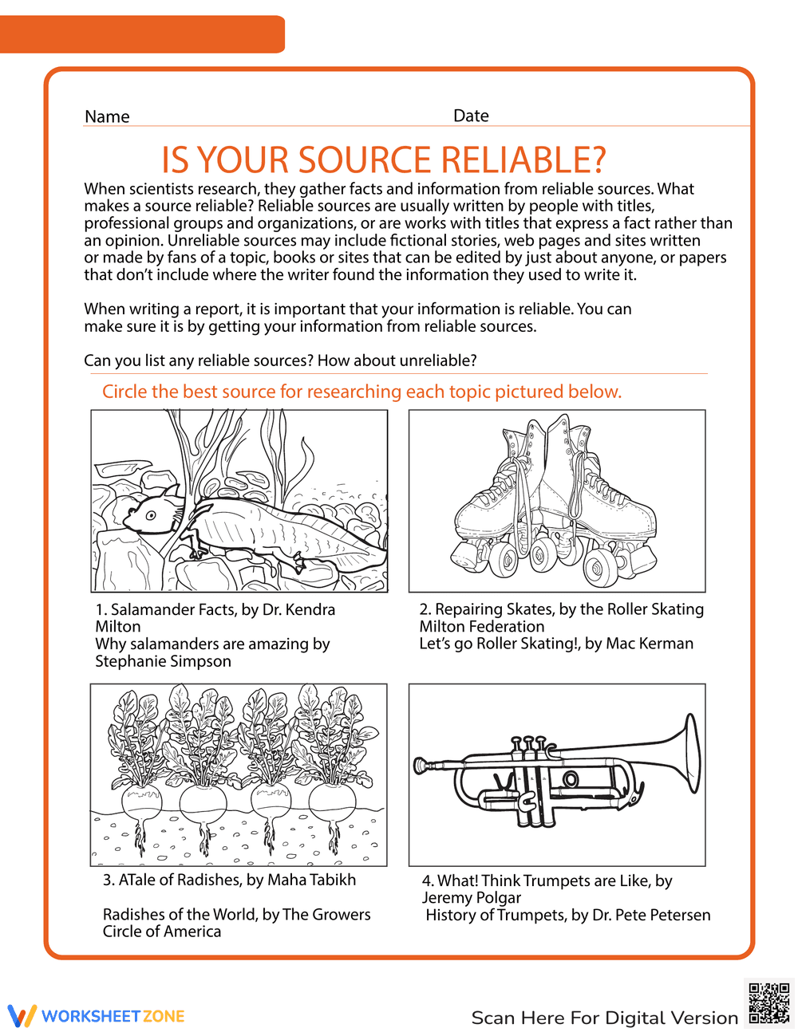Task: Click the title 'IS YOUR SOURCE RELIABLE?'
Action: click(x=383, y=160)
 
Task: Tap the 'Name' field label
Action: click(x=107, y=116)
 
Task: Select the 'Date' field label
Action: click(x=471, y=116)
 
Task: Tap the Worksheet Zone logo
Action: click(x=97, y=1015)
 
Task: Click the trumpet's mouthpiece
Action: click(x=421, y=766)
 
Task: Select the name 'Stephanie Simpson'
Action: click(x=163, y=661)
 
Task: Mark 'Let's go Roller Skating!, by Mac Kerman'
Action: click(x=556, y=644)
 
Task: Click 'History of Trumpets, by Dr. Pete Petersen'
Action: click(x=567, y=915)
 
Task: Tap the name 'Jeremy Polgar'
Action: click(x=472, y=897)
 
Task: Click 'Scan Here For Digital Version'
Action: click(x=604, y=1018)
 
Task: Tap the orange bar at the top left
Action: click(x=142, y=34)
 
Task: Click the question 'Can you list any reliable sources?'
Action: click(x=199, y=360)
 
